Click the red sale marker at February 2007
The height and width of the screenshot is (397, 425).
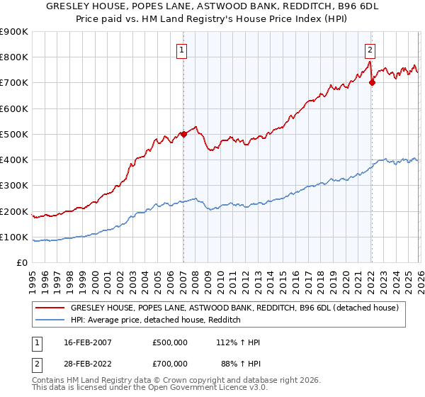(x=183, y=134)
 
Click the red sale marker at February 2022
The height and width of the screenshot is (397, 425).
(x=371, y=82)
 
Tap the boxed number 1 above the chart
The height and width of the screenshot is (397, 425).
(x=183, y=50)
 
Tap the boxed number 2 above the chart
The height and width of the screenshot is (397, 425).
(x=370, y=50)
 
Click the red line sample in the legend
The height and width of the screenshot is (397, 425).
(x=50, y=308)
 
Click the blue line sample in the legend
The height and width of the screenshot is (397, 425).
(x=50, y=320)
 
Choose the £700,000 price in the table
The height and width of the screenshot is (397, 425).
(x=170, y=364)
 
